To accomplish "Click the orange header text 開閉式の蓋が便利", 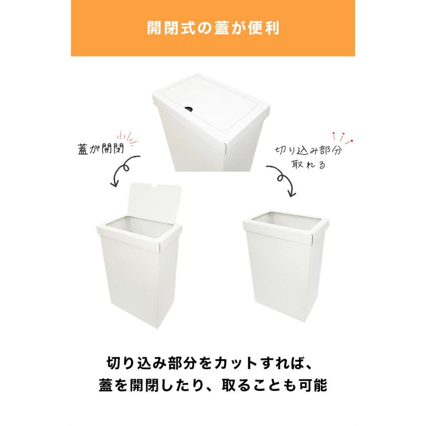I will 213,28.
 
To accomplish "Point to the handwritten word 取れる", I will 309,166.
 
